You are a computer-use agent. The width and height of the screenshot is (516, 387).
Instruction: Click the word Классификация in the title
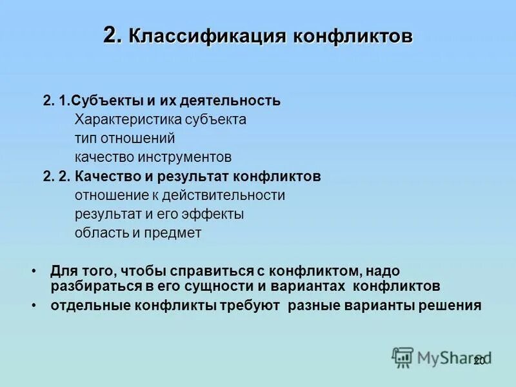[207, 36]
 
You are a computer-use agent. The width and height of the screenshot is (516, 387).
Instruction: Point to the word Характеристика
[128, 119]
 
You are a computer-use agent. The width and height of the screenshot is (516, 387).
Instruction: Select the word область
[102, 233]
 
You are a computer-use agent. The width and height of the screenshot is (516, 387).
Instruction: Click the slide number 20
[479, 361]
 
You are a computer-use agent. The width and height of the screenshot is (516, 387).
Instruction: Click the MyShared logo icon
[402, 357]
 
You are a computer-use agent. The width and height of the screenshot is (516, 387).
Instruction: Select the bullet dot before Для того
[33, 272]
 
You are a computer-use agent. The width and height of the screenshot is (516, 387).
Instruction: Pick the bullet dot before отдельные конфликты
[33, 304]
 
